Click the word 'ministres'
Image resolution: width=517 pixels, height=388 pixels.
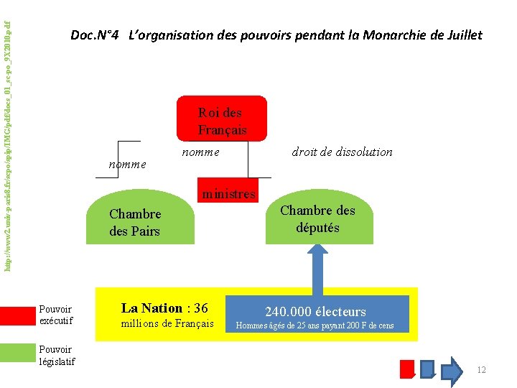point(228,193)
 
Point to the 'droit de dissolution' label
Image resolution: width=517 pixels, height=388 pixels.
point(342,152)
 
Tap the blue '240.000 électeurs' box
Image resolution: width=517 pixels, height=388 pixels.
point(316,312)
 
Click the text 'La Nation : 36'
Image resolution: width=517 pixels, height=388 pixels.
point(164,308)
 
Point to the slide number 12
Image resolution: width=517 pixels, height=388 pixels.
point(481,369)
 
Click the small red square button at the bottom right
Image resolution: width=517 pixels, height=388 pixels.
point(407,368)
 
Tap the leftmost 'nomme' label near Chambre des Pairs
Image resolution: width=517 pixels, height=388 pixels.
point(127,164)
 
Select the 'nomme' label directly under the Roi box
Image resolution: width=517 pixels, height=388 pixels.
point(200,152)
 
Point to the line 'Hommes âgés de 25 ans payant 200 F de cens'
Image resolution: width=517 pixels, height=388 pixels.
point(316,326)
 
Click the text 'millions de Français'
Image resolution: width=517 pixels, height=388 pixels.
point(167,323)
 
